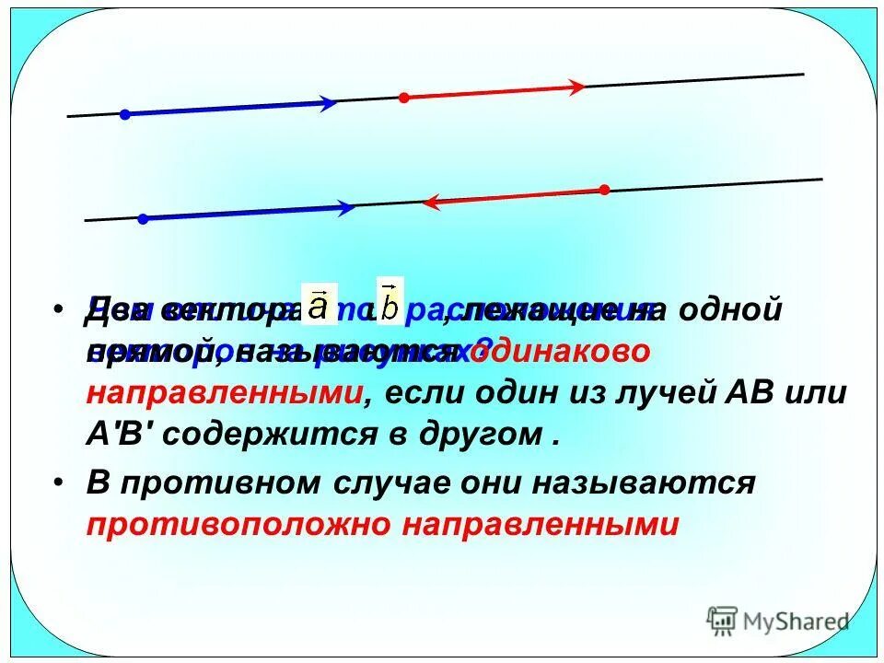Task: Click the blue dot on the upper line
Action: point(125,114)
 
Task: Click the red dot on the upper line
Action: point(402,97)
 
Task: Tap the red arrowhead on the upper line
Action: point(576,87)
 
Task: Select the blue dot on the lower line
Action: point(143,219)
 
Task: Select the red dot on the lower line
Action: point(604,190)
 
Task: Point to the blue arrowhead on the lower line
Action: point(346,208)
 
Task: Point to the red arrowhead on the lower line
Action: point(430,202)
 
